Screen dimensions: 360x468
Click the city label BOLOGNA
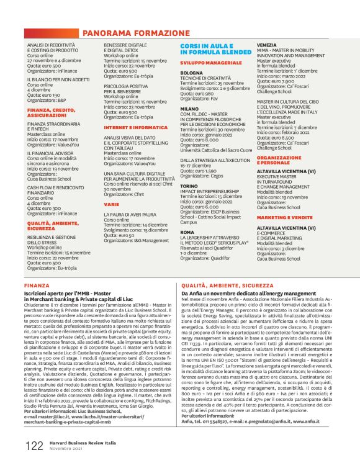[191, 73]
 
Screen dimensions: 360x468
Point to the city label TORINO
[189, 186]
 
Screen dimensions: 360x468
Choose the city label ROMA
[187, 232]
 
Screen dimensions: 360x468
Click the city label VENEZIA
[267, 45]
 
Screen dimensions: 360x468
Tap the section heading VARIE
[111, 204]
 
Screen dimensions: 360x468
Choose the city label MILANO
[189, 109]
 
